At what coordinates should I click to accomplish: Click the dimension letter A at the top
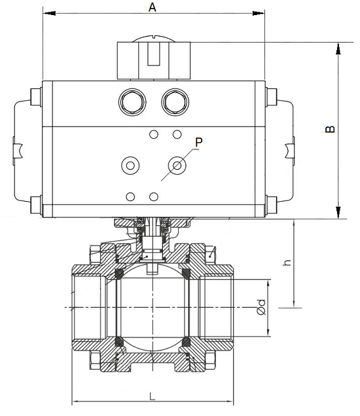(x=153, y=7)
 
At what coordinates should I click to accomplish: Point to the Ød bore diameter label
(x=261, y=307)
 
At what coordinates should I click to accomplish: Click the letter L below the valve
(x=152, y=396)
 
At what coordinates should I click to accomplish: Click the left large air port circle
(x=131, y=102)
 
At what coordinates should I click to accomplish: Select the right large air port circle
(x=175, y=102)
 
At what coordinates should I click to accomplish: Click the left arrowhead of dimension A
(x=46, y=13)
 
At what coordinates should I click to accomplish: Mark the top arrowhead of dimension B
(x=338, y=48)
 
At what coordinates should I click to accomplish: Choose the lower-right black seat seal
(x=186, y=341)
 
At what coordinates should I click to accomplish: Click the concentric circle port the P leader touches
(x=176, y=164)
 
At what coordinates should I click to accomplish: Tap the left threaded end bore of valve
(x=89, y=307)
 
